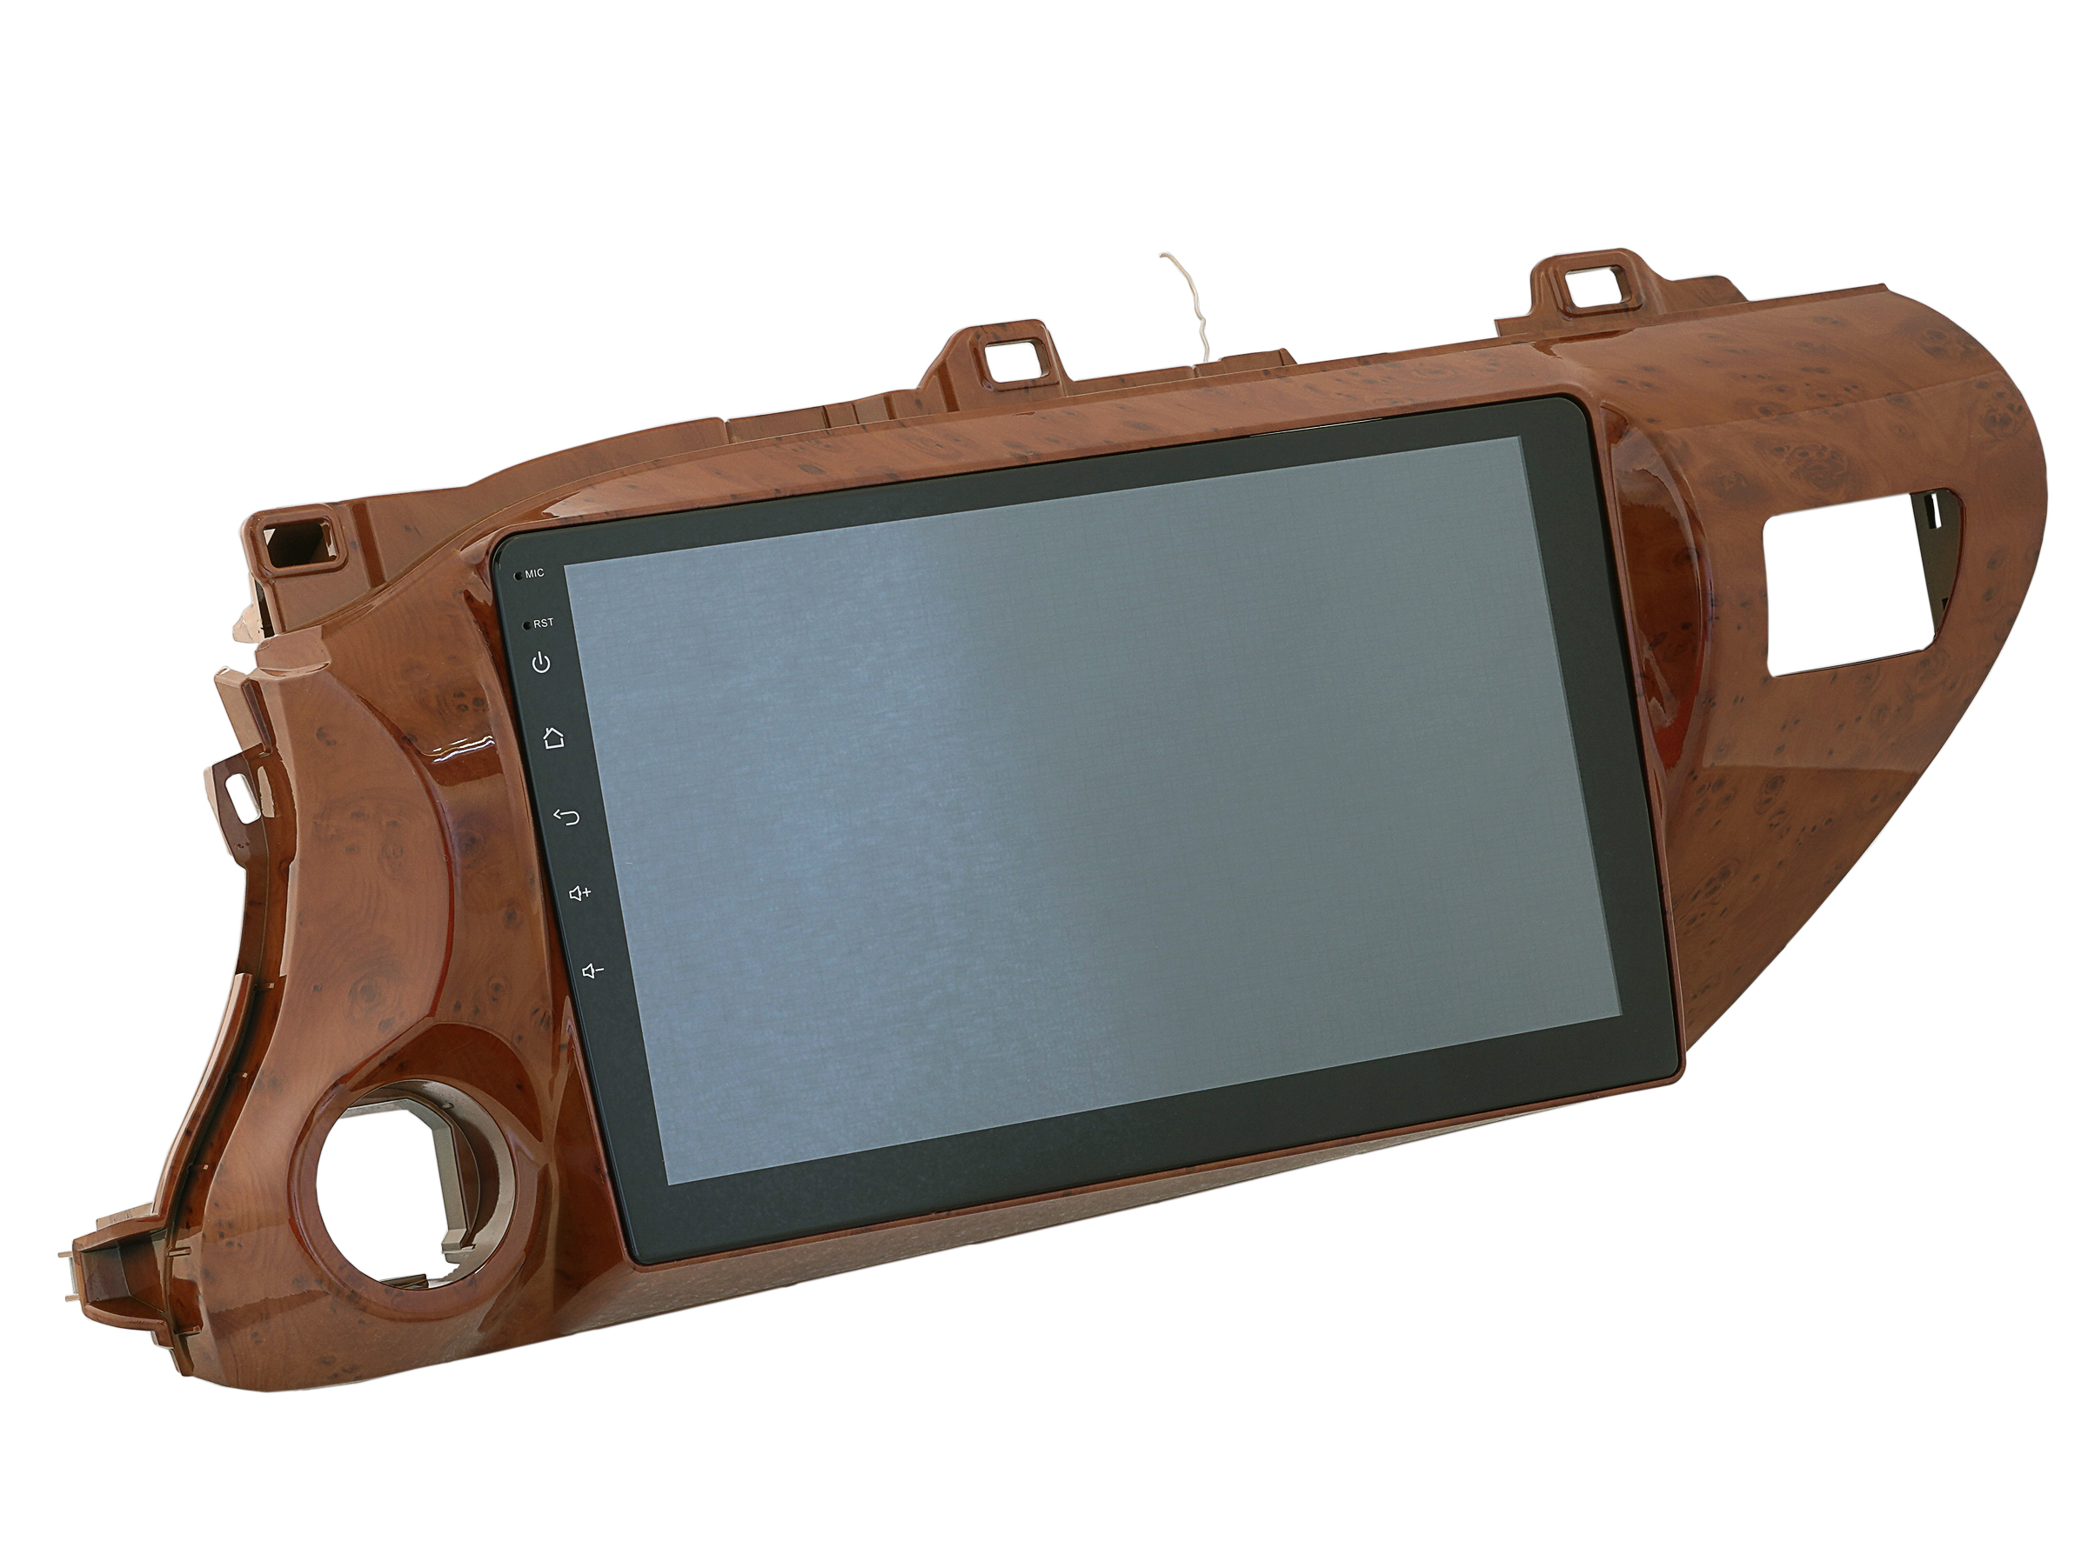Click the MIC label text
coord(534,573)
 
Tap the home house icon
coord(554,738)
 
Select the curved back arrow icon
coord(567,817)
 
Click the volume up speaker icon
coord(580,894)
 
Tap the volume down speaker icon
coord(592,971)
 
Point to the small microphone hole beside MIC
coord(519,574)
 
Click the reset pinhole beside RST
coord(527,624)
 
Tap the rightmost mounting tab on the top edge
coord(1593,287)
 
